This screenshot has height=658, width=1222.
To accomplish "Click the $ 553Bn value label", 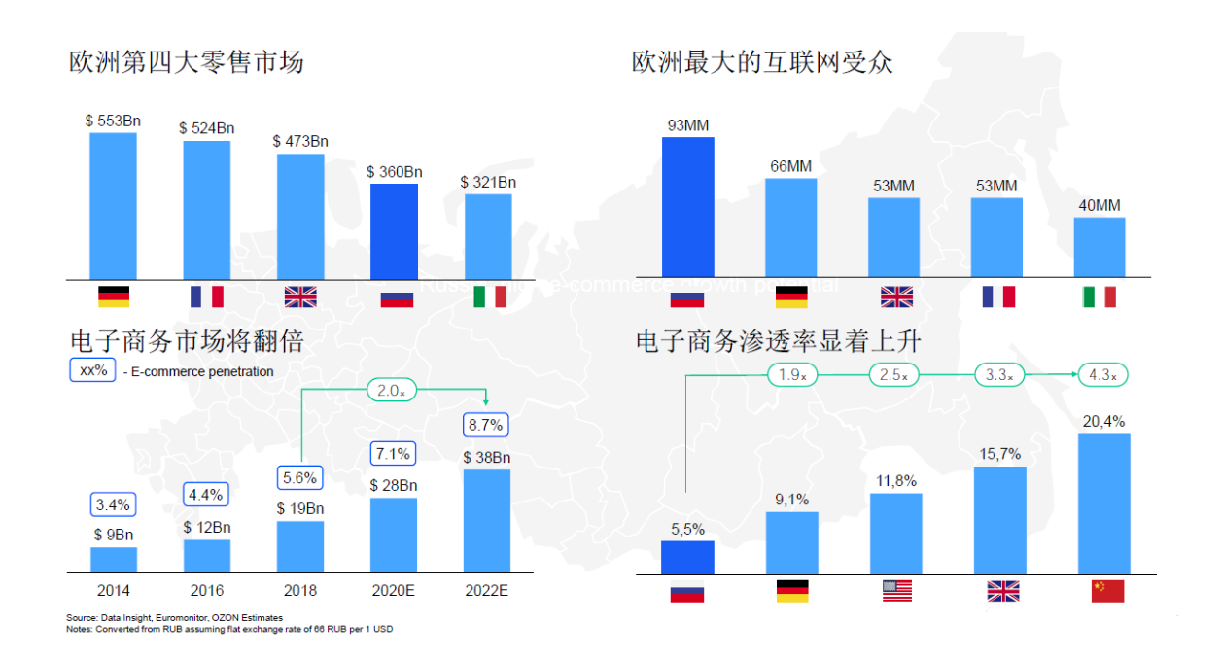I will [x=113, y=121].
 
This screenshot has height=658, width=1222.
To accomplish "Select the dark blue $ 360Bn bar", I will [x=394, y=231].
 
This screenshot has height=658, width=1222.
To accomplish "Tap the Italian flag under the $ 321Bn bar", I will [x=489, y=296].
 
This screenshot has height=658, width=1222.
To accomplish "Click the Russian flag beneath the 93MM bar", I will [x=687, y=296].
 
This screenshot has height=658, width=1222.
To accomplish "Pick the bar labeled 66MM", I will [x=790, y=227].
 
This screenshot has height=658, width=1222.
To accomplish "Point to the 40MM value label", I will [x=1099, y=205].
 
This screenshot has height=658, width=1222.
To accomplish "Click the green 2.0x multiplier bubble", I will [x=392, y=390].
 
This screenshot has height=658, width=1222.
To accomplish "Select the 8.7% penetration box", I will [x=486, y=425].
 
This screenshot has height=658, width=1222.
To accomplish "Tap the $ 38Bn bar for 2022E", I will [x=487, y=521].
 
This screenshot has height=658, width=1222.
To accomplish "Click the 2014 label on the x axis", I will [x=114, y=590].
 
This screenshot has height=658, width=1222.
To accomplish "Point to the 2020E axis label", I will [x=393, y=590].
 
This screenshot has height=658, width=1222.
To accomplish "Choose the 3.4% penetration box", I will [x=114, y=504].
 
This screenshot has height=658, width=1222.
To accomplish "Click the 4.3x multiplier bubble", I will [x=1101, y=374].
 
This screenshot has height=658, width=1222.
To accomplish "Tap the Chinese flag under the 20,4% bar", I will [x=1107, y=590].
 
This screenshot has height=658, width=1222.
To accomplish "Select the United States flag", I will [x=897, y=590].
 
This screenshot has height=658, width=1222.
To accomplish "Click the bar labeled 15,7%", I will [x=999, y=520].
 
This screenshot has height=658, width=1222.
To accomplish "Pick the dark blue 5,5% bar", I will [x=687, y=557].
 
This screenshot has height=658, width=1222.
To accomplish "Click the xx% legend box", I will [x=93, y=370].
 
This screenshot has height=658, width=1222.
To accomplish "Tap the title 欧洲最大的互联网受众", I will [x=762, y=62].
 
